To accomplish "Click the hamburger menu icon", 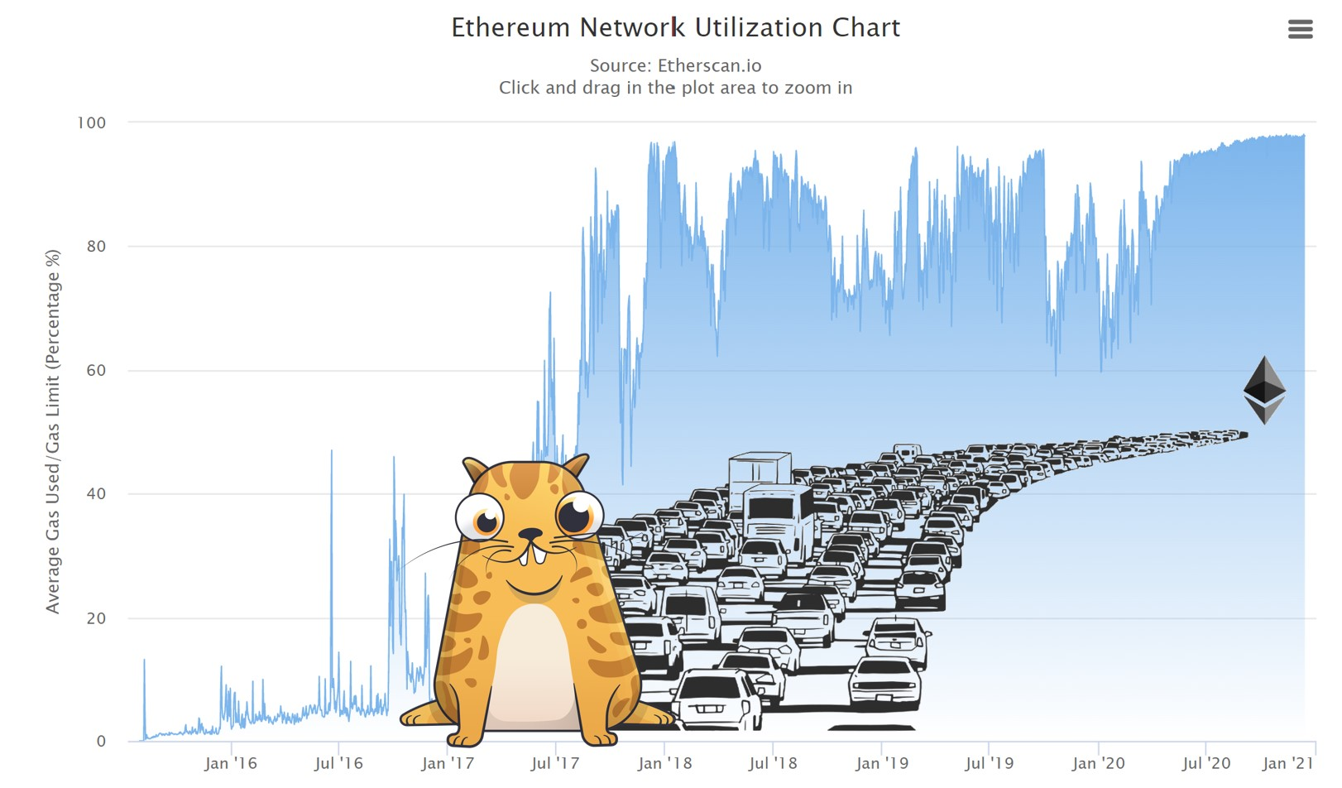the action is [1300, 29].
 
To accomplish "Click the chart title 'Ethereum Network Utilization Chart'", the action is [675, 27].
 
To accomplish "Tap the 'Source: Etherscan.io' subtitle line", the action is [675, 65].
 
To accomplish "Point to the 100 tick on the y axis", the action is [91, 123].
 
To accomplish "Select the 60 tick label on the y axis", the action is [96, 370].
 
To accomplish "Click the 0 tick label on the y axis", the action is [101, 742].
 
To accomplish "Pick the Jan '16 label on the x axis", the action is [231, 763].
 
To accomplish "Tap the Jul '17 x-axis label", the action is [555, 763].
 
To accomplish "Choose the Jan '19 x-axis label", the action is [881, 763].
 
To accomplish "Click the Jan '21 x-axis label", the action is [1288, 763].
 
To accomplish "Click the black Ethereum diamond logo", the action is [1264, 390].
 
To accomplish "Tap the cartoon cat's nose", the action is [530, 533].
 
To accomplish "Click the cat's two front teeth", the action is [531, 555].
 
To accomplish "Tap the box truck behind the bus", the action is [760, 473].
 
